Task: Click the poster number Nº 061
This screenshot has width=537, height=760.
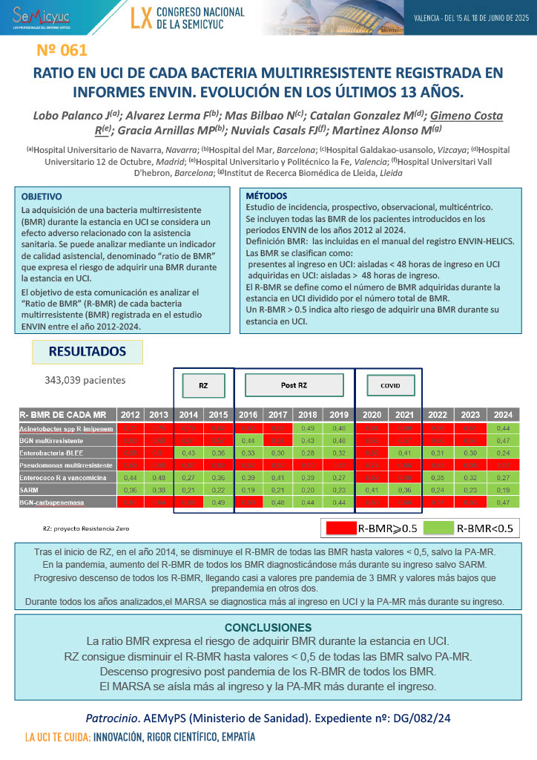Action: click(62, 51)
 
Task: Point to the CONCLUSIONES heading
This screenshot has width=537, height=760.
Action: click(268, 627)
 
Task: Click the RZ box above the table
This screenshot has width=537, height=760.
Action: click(202, 386)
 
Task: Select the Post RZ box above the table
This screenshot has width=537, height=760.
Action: click(294, 385)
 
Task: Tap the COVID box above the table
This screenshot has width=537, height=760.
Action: click(389, 386)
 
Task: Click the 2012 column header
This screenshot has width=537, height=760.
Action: click(130, 415)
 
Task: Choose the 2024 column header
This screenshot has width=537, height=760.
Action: click(502, 415)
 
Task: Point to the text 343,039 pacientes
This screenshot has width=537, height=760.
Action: click(85, 380)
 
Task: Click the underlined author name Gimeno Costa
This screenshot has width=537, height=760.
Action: click(467, 116)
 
